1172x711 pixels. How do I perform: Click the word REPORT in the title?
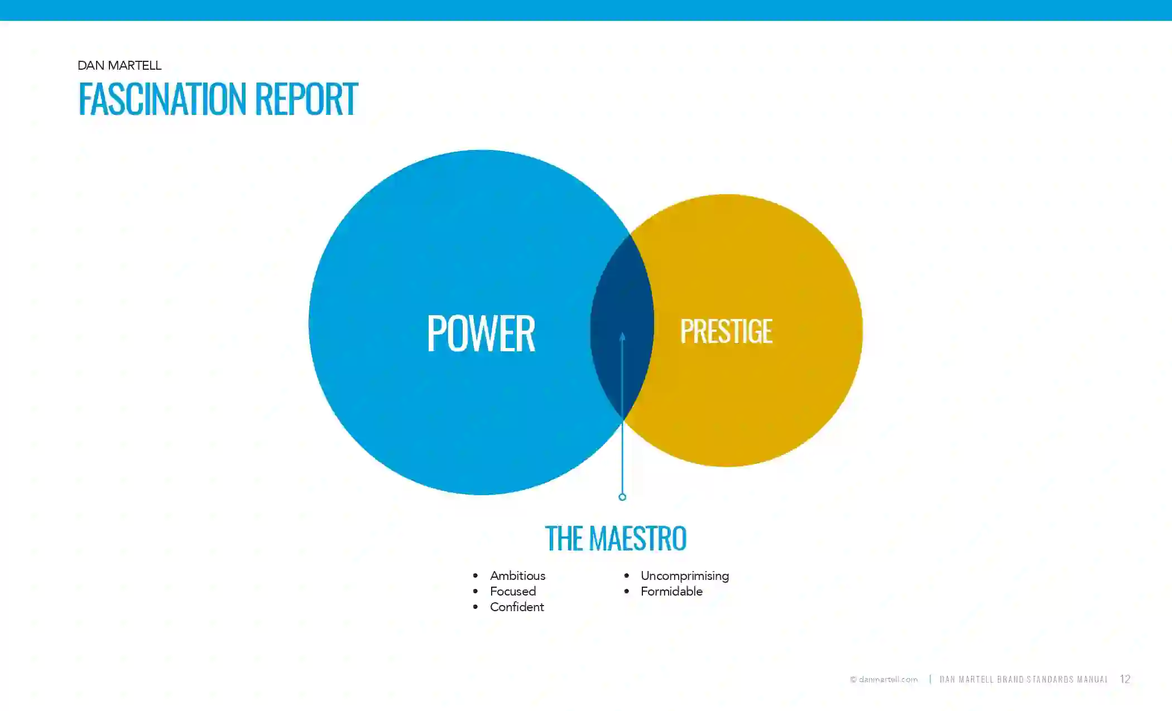coord(306,99)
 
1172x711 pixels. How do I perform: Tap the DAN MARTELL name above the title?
coord(119,65)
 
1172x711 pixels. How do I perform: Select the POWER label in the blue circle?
coord(481,333)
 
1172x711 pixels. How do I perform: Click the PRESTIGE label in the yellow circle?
coord(726,331)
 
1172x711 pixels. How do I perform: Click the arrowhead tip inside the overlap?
coord(622,333)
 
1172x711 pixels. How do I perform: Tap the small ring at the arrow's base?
coord(622,497)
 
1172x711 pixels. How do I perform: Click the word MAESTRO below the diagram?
coord(637,538)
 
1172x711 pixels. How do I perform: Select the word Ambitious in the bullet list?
coord(517,575)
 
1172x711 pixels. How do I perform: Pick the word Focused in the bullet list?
coord(513,591)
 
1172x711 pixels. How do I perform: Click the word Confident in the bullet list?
coord(517,607)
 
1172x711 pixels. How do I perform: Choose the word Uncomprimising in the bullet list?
coord(685,576)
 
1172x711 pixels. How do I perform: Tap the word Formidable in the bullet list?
coord(671,591)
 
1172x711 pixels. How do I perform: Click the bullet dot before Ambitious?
coord(475,575)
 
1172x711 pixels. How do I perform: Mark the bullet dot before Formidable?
coord(627,591)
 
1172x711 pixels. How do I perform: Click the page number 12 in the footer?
coord(1125,679)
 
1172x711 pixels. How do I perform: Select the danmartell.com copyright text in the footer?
coord(883,679)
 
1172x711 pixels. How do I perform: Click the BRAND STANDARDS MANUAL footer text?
coord(1052,679)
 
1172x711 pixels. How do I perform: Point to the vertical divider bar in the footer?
coord(930,679)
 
